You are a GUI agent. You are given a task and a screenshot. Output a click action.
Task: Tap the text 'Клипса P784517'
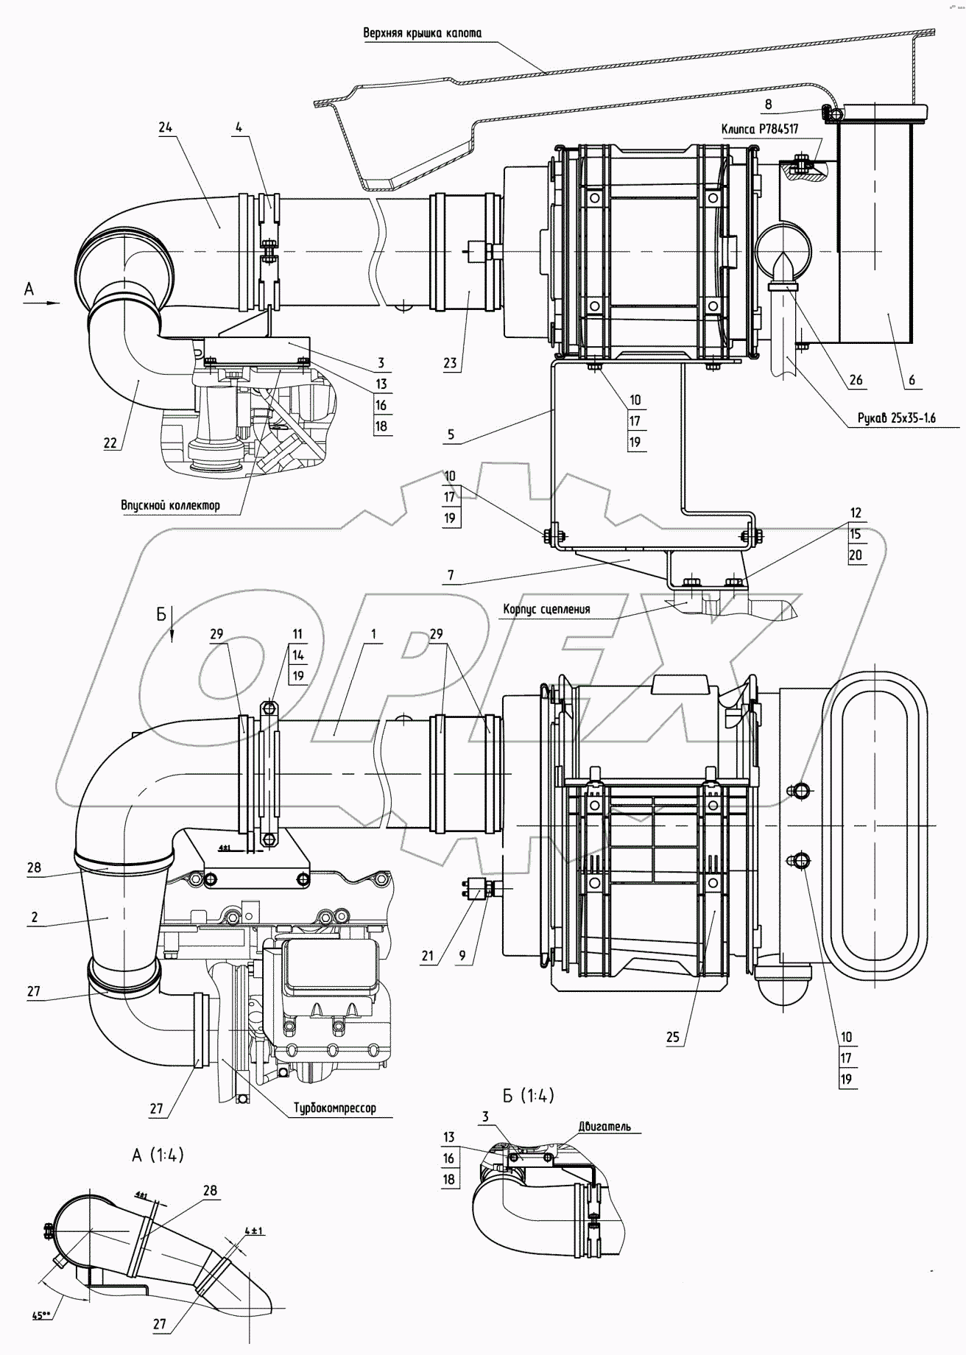760,129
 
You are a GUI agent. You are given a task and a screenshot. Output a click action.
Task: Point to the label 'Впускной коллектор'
170,505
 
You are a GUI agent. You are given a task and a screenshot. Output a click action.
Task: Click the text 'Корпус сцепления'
546,609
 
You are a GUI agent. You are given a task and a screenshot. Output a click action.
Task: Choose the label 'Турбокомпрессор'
334,1108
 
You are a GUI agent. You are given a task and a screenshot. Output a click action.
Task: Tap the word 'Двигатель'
604,1126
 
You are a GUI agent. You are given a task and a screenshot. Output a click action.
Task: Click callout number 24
165,127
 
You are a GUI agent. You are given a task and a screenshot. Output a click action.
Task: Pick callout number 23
450,362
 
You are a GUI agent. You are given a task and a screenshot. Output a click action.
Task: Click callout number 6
912,380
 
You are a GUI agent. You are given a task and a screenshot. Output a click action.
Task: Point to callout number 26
855,380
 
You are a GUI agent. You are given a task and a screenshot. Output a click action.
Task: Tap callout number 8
768,105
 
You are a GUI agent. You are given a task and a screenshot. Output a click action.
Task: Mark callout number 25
673,1037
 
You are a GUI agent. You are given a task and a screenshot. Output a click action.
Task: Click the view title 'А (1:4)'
158,1155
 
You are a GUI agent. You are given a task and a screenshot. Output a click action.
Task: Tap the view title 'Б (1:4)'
528,1095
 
